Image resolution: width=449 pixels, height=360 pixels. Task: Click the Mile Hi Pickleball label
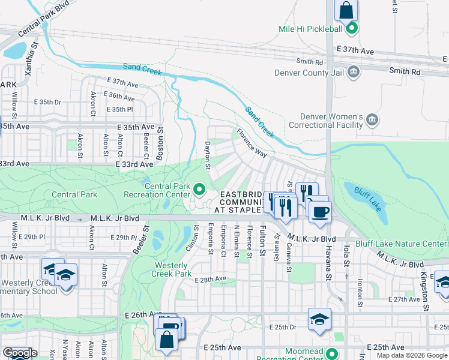click(x=310, y=29)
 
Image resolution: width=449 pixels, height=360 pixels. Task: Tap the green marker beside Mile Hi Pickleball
click(x=354, y=28)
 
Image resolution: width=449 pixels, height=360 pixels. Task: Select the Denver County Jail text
click(x=308, y=73)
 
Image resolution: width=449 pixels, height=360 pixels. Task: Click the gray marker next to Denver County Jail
click(x=354, y=73)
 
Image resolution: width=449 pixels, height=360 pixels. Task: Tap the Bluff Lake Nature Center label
click(x=401, y=244)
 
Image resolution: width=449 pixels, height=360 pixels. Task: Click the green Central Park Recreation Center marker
click(x=200, y=190)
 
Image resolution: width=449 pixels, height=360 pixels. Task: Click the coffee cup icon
click(x=320, y=212)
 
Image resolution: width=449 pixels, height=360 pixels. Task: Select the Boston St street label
click(x=160, y=144)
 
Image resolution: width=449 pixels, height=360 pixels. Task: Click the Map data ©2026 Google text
click(x=411, y=355)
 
